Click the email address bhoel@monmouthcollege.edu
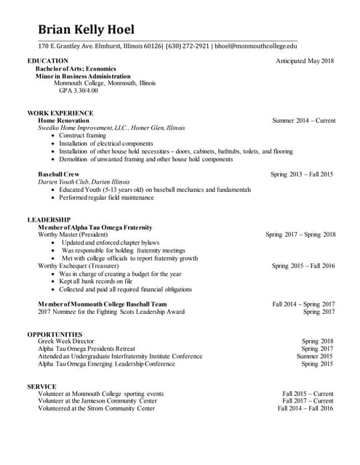click(256, 46)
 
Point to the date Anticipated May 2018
click(305, 60)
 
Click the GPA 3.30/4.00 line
click(78, 91)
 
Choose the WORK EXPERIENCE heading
click(60, 113)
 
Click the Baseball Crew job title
click(61, 174)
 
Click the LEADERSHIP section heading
click(49, 219)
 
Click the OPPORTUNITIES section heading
click(55, 333)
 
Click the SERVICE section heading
click(42, 387)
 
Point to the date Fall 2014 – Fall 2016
click(305, 408)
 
